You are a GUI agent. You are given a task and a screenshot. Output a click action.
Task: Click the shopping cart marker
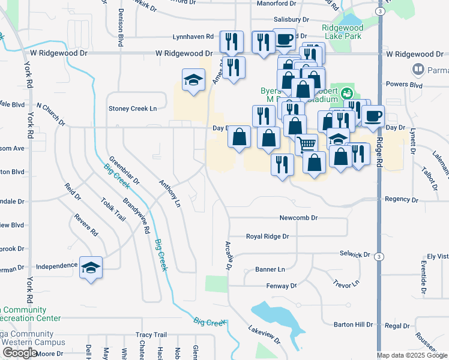(x=307, y=144)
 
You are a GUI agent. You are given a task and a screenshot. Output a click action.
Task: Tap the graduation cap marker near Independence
(x=91, y=268)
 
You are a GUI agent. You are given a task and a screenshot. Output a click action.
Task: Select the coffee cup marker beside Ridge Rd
(x=373, y=116)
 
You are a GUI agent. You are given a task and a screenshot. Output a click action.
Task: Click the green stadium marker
(x=346, y=94)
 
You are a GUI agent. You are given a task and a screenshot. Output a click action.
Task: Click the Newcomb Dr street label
(x=298, y=218)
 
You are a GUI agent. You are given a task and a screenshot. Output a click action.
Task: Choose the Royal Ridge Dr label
(x=268, y=236)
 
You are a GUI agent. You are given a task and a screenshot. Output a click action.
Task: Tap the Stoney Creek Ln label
(x=132, y=109)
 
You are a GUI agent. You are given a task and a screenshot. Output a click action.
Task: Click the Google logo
(x=20, y=353)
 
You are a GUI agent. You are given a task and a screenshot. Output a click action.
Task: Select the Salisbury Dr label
(x=291, y=20)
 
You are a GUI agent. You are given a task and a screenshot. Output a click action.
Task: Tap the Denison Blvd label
(x=121, y=28)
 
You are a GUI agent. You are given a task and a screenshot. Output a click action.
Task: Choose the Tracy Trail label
(x=151, y=335)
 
